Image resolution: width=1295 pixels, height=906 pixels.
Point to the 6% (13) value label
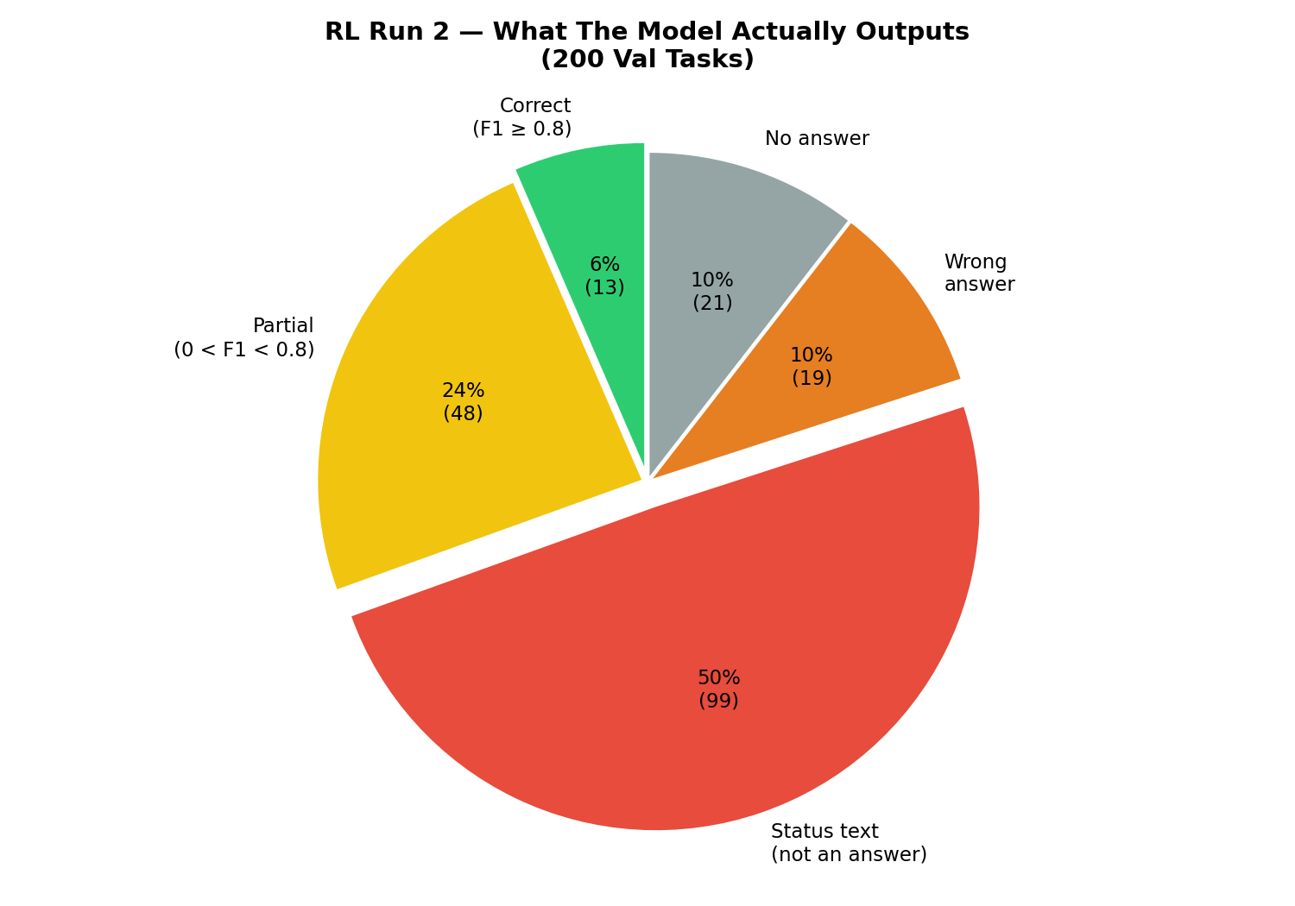pyautogui.click(x=604, y=276)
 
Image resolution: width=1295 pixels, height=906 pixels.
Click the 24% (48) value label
pyautogui.click(x=463, y=402)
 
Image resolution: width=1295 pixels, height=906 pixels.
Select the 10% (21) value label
pyautogui.click(x=712, y=292)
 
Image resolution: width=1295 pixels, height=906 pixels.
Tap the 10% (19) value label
pyautogui.click(x=812, y=367)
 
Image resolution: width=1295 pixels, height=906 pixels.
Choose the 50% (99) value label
pyautogui.click(x=718, y=689)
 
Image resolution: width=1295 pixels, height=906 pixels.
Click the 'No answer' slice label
pyautogui.click(x=817, y=139)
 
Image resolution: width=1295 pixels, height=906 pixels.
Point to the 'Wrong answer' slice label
pyautogui.click(x=979, y=273)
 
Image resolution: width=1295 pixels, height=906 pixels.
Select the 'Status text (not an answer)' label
pyautogui.click(x=849, y=843)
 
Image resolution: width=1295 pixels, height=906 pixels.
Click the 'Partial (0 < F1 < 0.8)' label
pyautogui.click(x=244, y=337)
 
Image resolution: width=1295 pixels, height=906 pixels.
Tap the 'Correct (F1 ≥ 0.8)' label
pyautogui.click(x=522, y=117)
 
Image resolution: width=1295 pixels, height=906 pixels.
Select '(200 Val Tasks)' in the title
pyautogui.click(x=647, y=60)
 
